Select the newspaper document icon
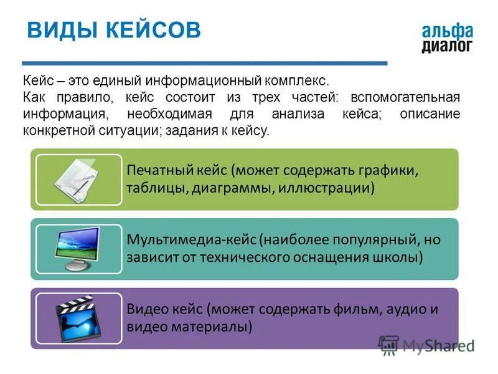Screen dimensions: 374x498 78,180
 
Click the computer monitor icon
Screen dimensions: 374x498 78,248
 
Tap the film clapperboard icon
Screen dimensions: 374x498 78,318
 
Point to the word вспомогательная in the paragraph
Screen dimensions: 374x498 405,98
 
